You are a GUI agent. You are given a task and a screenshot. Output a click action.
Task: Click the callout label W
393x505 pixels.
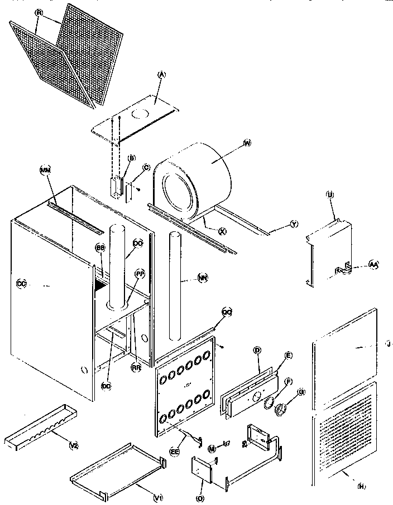(247, 143)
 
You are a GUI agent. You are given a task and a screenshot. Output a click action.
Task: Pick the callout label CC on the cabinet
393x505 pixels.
(22, 284)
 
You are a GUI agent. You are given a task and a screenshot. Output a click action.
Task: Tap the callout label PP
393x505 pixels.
(140, 274)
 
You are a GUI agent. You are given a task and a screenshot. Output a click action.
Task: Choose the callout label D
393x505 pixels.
(257, 350)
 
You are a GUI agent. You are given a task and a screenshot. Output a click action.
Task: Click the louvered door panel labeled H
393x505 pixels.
(342, 429)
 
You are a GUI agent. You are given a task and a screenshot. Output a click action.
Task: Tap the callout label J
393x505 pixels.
(388, 346)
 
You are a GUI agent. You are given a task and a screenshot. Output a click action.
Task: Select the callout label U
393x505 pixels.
(330, 195)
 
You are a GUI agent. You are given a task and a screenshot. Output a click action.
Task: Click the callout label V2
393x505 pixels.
(73, 445)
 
